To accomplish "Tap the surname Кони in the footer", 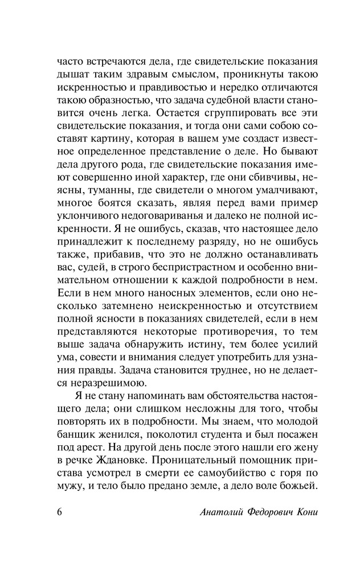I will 300,510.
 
